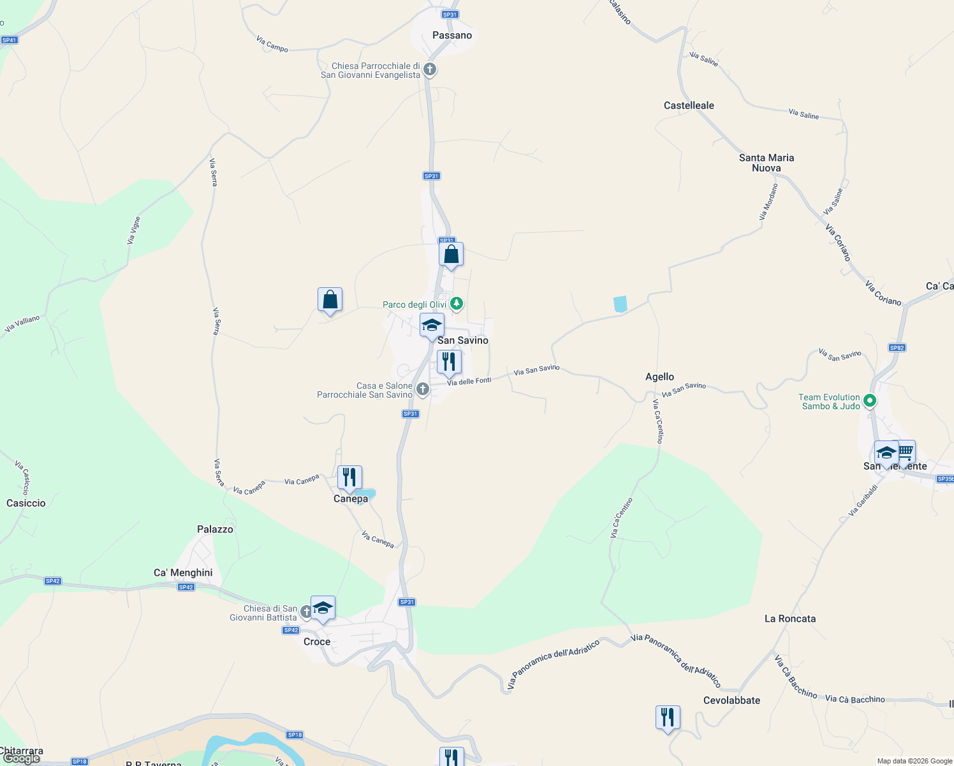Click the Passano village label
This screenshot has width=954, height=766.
coord(452,35)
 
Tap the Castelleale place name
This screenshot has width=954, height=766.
coord(689,105)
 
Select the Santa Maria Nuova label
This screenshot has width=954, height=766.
coord(767,163)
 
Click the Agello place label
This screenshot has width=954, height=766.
coord(659,377)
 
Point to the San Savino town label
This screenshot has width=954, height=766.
coord(463,340)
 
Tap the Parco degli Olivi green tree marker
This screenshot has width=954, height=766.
coord(457,303)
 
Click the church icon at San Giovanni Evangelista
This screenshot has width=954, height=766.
coord(430,69)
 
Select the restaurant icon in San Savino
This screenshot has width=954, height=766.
coord(449,362)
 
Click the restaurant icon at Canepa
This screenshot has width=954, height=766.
coord(349,477)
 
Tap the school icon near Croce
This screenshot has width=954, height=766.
coord(323,608)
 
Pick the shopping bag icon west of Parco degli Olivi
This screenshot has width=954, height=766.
coord(330,299)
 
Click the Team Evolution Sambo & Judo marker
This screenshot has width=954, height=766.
coord(870,401)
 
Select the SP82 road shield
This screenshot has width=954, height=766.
coord(897,348)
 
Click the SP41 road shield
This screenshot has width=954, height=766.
coord(9,40)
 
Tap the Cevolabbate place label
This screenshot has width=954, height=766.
coord(731,700)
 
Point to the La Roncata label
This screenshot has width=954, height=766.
coord(789,619)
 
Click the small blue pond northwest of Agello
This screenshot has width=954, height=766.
coord(620,304)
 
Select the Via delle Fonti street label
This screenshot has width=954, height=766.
coord(469,381)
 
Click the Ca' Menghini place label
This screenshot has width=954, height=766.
coord(183,573)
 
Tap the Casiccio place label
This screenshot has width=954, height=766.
coord(26,503)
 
